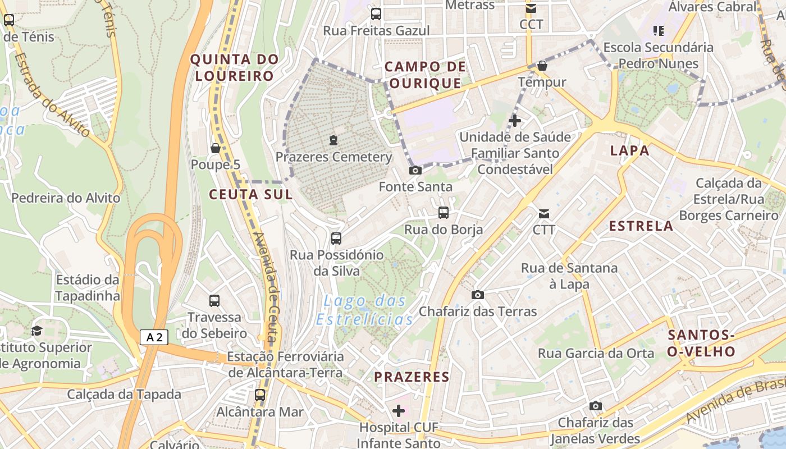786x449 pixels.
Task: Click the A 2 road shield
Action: pos(154,337)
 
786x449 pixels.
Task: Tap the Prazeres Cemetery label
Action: pos(333,157)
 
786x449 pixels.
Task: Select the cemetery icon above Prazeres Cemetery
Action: pos(333,140)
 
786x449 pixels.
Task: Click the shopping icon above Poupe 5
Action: pos(215,148)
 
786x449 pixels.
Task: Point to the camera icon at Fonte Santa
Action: pos(415,170)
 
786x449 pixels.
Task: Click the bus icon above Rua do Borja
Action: pos(444,213)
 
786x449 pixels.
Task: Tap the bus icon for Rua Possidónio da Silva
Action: pos(336,239)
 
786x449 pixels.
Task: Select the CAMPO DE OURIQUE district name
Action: pos(425,75)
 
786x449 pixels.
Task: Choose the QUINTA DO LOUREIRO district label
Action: pos(235,67)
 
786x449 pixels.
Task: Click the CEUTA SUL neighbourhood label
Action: pos(251,195)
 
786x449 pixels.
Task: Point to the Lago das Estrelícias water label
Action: pos(365,310)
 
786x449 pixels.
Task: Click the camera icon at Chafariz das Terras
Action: pos(478,295)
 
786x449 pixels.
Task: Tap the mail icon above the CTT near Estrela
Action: pos(544,213)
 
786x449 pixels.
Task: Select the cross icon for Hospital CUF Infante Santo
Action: pos(399,411)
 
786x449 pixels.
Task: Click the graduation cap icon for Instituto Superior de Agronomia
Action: pos(37,331)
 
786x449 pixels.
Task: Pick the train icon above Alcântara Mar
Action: pos(259,395)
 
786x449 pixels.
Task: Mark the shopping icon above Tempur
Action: pos(542,66)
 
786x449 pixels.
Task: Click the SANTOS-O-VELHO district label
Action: pos(701,343)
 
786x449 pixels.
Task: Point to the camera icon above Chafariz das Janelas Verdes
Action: pos(596,406)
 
